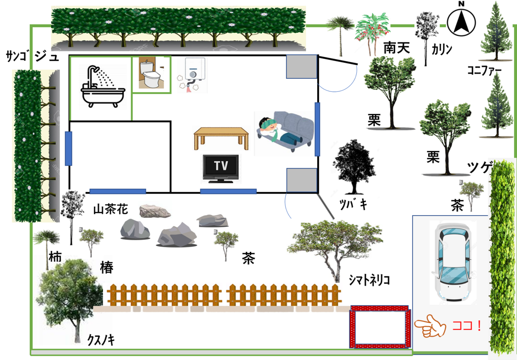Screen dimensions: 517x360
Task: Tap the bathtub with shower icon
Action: pos(103,87)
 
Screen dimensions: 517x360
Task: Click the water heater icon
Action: pos(193,75)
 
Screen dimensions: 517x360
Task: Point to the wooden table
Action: pos(221,138)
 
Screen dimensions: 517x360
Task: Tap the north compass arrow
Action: pos(461,22)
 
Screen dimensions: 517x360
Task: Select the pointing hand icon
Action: pos(430,326)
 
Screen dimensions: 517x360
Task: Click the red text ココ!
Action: pos(467,326)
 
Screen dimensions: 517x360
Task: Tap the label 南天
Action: pos(396,48)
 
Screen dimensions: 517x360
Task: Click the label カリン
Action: pos(442,49)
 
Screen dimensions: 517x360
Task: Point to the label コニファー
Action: pos(484,70)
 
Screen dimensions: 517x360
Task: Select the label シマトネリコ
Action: pos(369,280)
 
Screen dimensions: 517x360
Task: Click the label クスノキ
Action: pos(101,340)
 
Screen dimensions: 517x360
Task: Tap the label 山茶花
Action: pos(111,210)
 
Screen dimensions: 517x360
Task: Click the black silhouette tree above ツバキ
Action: pos(354,166)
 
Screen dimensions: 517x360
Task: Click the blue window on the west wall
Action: pos(69,148)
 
